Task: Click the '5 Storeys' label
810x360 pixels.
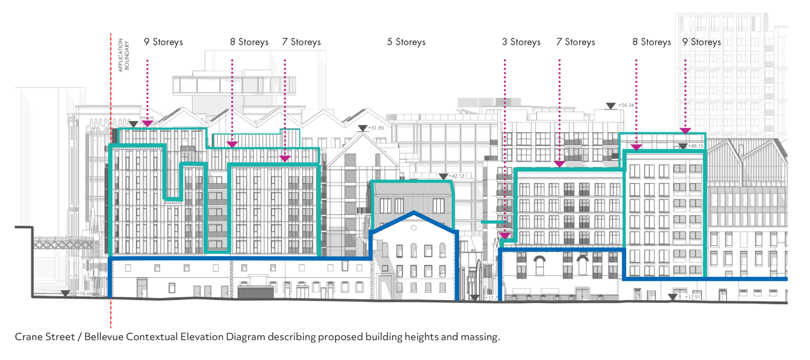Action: point(406,42)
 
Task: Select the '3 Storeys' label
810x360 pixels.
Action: point(521,42)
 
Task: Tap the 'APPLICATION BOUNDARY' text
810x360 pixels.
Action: point(123,55)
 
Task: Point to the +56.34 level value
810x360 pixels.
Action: point(626,105)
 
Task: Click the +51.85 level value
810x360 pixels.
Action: point(376,128)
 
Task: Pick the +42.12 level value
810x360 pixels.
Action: point(456,176)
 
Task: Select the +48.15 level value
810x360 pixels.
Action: point(696,146)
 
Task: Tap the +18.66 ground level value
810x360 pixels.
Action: point(85,293)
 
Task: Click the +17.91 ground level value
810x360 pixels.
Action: point(693,297)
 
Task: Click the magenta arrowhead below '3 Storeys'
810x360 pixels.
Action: point(505,235)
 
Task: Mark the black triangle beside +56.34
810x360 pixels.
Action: point(611,106)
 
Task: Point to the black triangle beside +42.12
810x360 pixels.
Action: point(443,176)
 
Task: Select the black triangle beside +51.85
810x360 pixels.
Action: point(362,128)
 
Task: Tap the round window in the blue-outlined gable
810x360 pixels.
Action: point(414,228)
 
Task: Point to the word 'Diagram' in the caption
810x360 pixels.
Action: point(245,337)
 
